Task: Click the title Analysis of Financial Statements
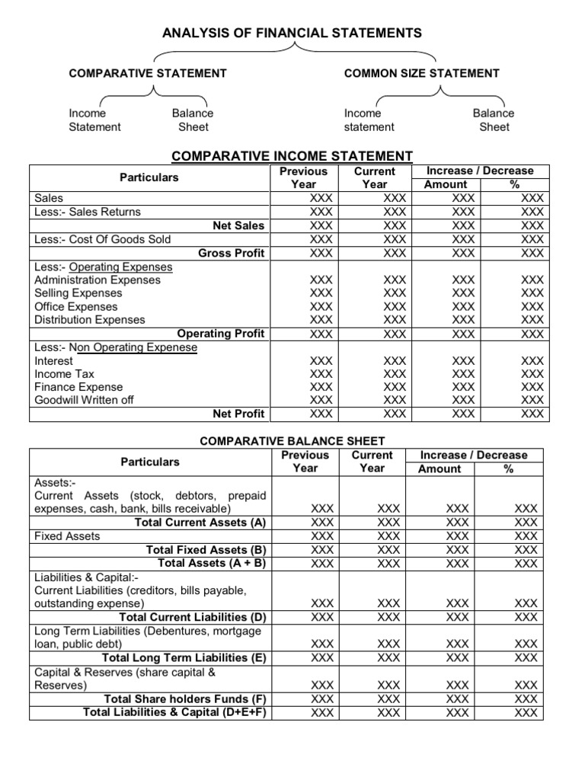[292, 33]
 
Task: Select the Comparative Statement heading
[148, 73]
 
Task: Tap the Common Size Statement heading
[421, 73]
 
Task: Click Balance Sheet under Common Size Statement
[493, 120]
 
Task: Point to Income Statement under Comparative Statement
[94, 120]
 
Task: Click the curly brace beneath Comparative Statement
[155, 93]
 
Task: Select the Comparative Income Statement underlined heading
[292, 156]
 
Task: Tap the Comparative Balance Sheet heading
[292, 441]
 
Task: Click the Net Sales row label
[239, 225]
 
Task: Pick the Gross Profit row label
[231, 253]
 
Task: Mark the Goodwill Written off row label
[84, 400]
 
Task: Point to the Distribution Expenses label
[89, 320]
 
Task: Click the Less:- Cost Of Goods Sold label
[103, 239]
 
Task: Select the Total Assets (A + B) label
[212, 563]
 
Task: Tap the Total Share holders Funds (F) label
[187, 698]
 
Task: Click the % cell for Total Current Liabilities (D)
[526, 617]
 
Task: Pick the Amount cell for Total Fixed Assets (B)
[457, 550]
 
